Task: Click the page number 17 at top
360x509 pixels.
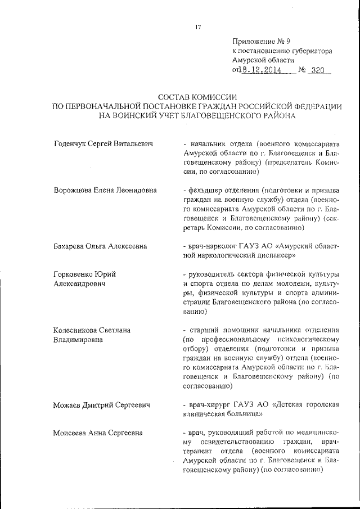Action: coord(198,26)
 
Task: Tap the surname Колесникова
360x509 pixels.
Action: coord(76,330)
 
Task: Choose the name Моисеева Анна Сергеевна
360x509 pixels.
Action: coord(97,433)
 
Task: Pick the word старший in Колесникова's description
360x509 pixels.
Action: coord(204,330)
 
